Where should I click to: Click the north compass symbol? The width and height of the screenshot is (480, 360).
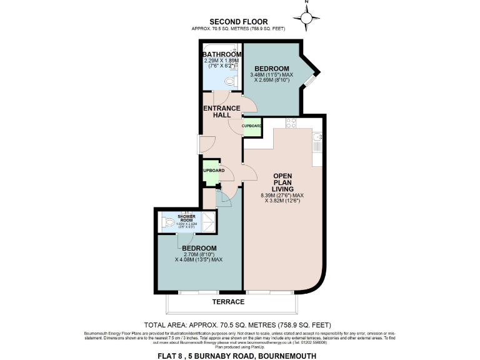(306, 19)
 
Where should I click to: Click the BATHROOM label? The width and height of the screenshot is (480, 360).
(221, 55)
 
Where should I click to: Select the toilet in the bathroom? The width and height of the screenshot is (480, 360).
(230, 81)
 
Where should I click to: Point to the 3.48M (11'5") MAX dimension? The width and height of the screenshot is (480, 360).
(271, 75)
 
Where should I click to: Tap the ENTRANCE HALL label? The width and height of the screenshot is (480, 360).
(222, 112)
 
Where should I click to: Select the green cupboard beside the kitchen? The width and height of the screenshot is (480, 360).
(252, 126)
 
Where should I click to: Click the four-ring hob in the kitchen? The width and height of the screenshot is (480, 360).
(291, 123)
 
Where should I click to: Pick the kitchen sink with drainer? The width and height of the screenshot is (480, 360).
(317, 142)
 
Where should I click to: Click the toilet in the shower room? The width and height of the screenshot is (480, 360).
(167, 221)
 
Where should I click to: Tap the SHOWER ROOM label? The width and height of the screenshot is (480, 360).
(186, 218)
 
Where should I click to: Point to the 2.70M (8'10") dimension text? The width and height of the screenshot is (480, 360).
(199, 254)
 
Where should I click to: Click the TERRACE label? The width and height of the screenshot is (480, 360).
(228, 302)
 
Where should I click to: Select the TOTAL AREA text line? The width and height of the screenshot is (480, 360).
(237, 325)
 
